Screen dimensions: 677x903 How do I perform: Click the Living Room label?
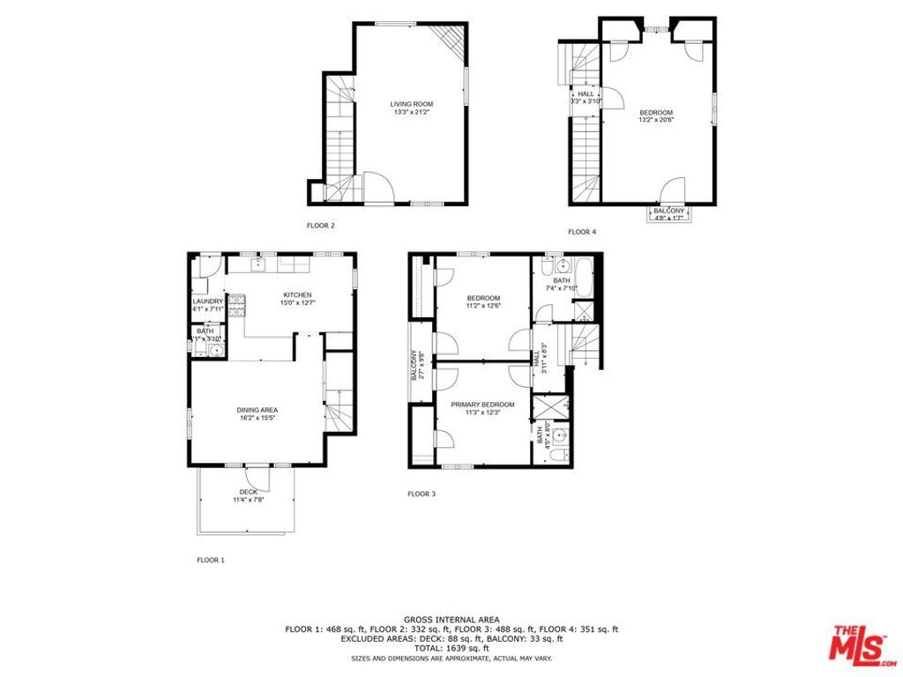pos(412,104)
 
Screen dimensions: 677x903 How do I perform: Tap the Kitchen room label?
pos(297,294)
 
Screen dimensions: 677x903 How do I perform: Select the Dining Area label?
pos(257,410)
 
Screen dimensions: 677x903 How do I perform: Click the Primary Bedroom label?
pos(482,405)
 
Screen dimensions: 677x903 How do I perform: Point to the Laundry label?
pos(208,301)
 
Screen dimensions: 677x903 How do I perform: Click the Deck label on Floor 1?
pos(248,492)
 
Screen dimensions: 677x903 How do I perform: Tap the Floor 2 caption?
pos(320,226)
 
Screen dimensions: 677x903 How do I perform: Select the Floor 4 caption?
pos(581,232)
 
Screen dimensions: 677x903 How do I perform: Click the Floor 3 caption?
pos(422,494)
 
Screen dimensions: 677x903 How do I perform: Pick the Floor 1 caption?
pos(211,560)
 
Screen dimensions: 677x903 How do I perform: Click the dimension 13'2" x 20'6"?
pos(656,121)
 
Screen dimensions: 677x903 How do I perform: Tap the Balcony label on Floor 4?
pos(668,211)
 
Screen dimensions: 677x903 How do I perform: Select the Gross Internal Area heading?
pos(451,620)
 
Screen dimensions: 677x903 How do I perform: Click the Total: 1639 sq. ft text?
pos(451,648)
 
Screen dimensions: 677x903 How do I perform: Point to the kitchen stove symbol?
pos(236,304)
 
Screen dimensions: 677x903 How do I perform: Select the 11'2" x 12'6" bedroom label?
pos(482,298)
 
